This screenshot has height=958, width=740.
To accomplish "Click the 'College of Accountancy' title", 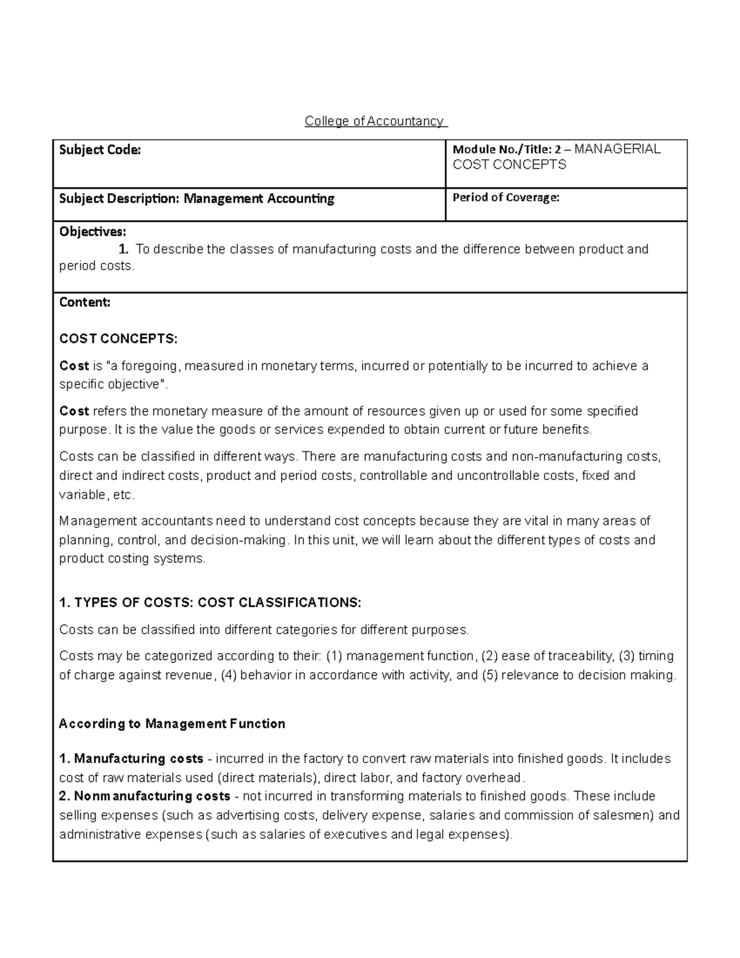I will click(x=375, y=121).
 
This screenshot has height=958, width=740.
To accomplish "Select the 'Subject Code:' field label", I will click(x=100, y=149).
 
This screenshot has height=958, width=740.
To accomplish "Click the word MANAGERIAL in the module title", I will click(x=617, y=149).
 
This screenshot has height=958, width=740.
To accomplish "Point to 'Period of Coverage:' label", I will click(x=506, y=197).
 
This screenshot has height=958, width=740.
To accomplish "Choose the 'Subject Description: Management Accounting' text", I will click(x=197, y=199).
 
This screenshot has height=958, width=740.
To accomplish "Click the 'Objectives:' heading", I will click(x=92, y=232).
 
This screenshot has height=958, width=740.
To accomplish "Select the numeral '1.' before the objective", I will click(x=124, y=249).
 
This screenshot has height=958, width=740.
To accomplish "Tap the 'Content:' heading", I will click(x=85, y=302).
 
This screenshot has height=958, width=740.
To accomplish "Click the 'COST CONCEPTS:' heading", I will click(x=118, y=339).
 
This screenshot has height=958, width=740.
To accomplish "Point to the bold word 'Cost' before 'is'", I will click(x=74, y=366).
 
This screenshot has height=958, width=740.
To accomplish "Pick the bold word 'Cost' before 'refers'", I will click(x=74, y=411).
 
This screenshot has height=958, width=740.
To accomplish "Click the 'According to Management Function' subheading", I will click(x=172, y=724).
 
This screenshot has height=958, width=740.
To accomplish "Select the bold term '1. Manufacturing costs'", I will click(x=131, y=758).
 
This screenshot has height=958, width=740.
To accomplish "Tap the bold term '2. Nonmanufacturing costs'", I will click(x=145, y=796).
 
